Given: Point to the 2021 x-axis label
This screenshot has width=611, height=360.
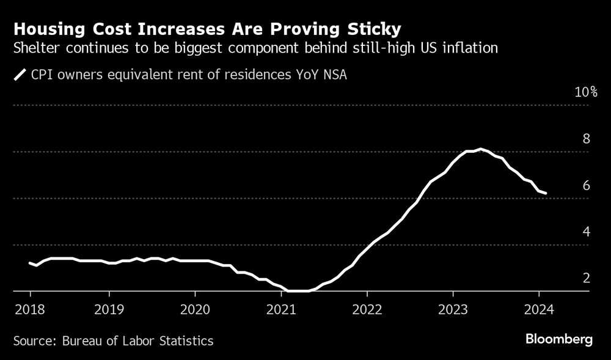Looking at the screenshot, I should pos(281,309).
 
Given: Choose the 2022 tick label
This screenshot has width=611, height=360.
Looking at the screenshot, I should pos(367,309).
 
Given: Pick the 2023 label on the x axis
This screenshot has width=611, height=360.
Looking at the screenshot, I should pos(453,309).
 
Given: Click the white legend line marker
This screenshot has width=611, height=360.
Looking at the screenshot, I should pos(20,75).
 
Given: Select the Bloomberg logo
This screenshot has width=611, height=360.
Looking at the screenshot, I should pos(560,340).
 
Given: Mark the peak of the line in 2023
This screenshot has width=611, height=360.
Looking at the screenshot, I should pos(481,149).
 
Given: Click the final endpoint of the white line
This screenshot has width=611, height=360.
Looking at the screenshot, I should pos(545,193).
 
